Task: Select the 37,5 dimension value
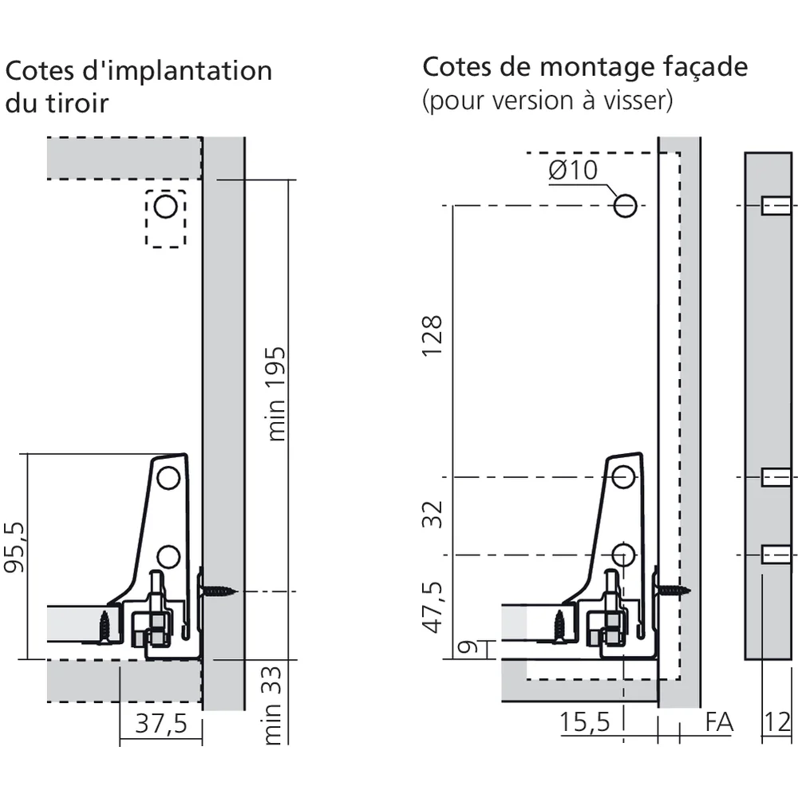point(160,724)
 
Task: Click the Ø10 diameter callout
point(572,170)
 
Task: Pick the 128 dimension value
point(432,336)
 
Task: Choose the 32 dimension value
point(432,515)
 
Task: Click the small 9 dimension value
point(469,647)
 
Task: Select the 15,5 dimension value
point(584,722)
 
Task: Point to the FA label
point(719,722)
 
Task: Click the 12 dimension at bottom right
point(777,722)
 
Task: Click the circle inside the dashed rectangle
point(165,207)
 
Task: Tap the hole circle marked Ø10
point(625,207)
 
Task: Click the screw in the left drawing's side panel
point(219,591)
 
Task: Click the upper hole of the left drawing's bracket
point(168,478)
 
